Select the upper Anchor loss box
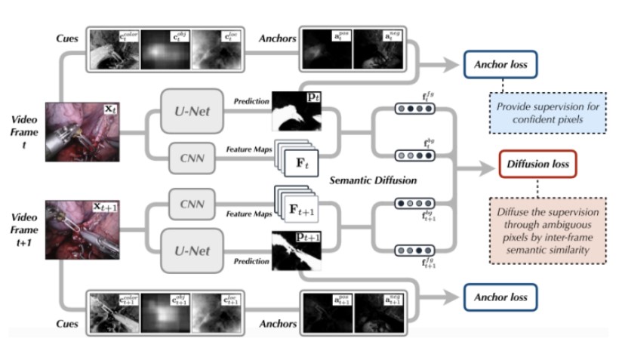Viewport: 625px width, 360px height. click(x=500, y=65)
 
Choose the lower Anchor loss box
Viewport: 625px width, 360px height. click(x=500, y=297)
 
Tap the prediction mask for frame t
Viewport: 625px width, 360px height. click(x=297, y=110)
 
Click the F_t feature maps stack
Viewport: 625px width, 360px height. click(x=296, y=158)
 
